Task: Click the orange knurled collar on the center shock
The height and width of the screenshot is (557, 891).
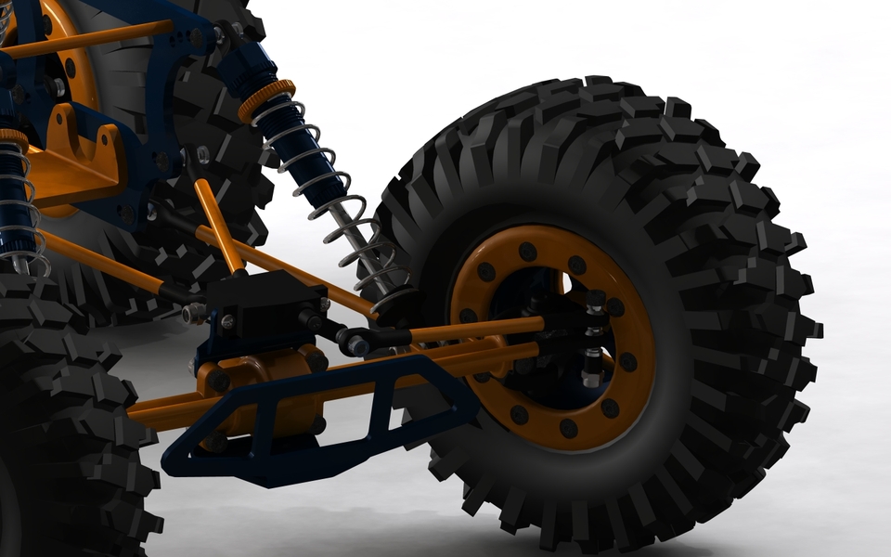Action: pos(266,100)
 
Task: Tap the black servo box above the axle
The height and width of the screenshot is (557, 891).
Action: pos(264,302)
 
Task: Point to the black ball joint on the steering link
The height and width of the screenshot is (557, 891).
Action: pos(355,342)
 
